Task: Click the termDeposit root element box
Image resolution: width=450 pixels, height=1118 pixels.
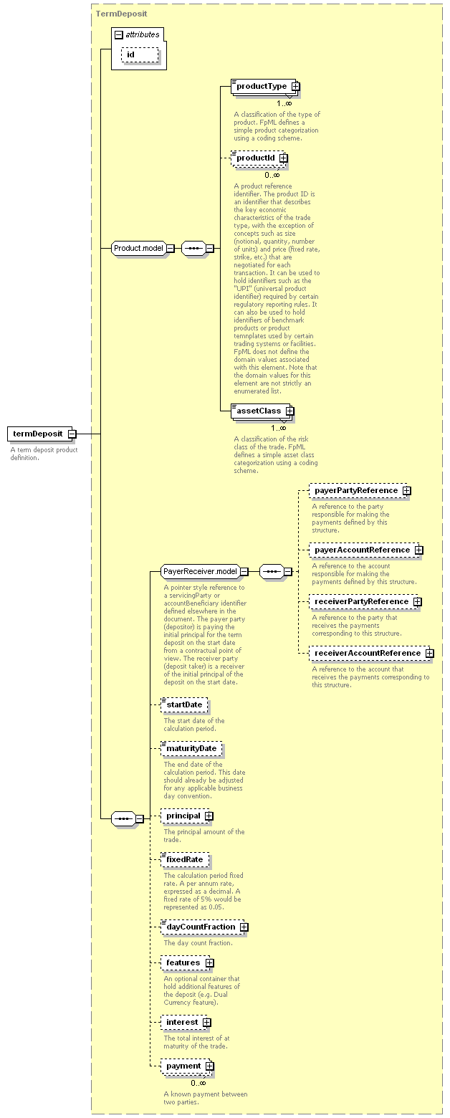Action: click(42, 434)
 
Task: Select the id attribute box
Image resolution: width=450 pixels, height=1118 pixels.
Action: click(140, 55)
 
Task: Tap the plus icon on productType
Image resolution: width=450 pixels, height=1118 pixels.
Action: click(295, 86)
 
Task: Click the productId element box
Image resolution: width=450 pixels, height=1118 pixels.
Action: click(259, 158)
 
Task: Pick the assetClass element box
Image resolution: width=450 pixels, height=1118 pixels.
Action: click(262, 411)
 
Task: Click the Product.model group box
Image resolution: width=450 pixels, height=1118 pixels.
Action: click(143, 248)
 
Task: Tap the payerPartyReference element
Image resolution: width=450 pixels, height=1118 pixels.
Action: click(360, 491)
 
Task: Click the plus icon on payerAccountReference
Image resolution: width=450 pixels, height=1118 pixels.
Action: click(419, 550)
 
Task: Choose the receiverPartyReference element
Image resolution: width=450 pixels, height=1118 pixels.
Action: click(365, 602)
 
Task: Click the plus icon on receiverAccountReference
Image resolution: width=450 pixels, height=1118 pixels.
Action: click(429, 654)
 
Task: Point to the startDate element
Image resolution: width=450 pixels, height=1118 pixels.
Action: click(184, 704)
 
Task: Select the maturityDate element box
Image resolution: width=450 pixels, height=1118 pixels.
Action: click(191, 749)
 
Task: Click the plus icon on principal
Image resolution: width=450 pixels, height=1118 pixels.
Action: click(209, 816)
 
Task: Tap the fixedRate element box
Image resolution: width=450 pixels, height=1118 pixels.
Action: click(185, 859)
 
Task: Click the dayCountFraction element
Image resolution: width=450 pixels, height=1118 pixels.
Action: click(204, 927)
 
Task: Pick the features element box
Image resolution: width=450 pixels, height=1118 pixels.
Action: click(187, 962)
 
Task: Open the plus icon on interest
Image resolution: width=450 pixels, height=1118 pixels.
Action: click(206, 1023)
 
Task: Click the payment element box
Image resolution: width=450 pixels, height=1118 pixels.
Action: click(187, 1066)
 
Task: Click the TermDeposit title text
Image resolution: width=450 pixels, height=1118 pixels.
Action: click(121, 14)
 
